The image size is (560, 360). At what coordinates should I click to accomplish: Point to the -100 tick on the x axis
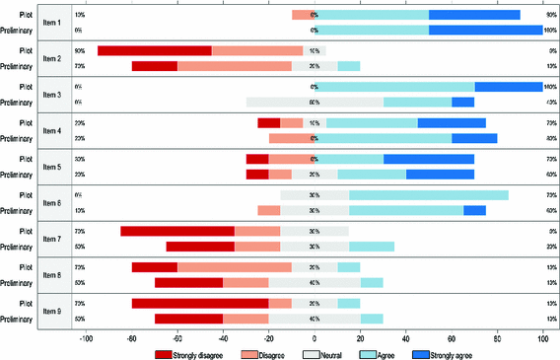86,336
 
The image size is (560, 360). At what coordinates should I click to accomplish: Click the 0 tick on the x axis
314,336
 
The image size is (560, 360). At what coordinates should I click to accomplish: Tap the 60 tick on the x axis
451,336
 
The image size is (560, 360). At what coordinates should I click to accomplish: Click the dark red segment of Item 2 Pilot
154,51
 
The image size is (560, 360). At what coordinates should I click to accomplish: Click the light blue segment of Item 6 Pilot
428,194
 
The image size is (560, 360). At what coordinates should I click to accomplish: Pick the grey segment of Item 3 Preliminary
315,102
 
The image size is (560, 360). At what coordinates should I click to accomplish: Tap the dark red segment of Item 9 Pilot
199,303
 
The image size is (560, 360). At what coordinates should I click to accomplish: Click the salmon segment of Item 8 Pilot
234,266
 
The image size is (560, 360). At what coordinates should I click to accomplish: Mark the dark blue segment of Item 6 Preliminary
474,210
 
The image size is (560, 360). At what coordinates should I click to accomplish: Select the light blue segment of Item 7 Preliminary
371,246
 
